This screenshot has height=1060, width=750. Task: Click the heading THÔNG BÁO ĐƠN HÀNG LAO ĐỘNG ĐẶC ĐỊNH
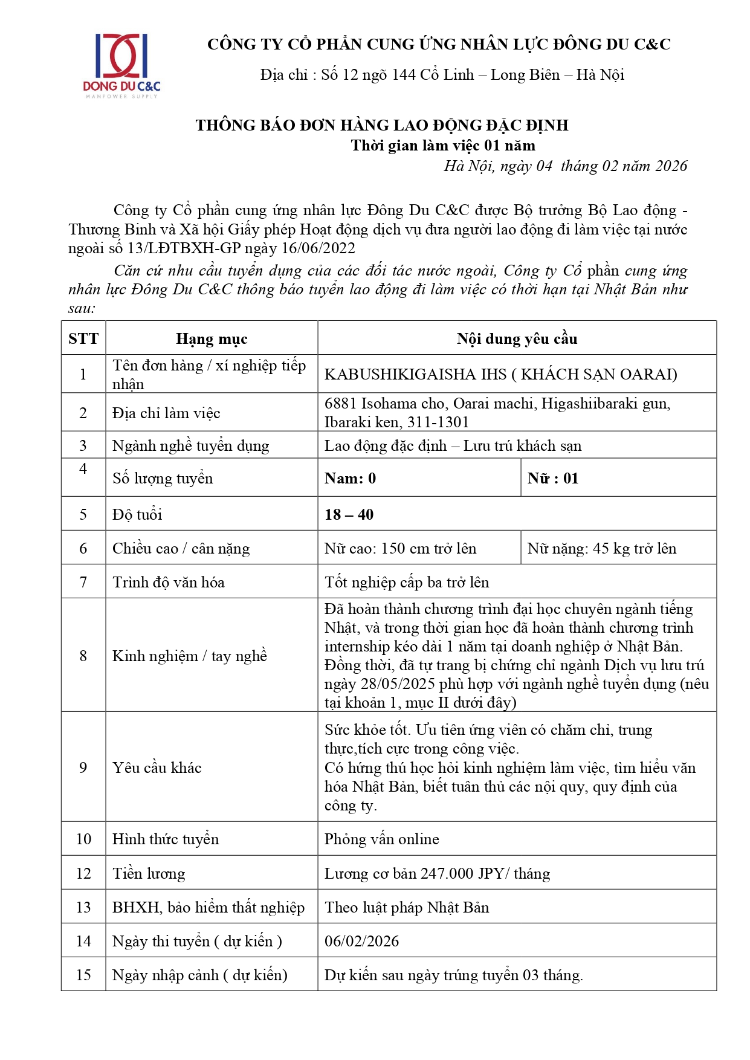(x=381, y=125)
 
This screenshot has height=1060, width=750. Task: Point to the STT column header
(x=83, y=338)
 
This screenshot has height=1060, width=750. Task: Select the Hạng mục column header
(x=212, y=339)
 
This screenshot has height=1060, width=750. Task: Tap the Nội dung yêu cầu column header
(x=517, y=339)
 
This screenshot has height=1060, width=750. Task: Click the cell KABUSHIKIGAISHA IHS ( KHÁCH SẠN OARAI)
(x=500, y=374)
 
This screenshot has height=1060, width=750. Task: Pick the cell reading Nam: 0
(x=350, y=479)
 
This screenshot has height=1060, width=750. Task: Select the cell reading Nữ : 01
(x=553, y=479)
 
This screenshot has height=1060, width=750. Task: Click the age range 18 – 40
(x=349, y=515)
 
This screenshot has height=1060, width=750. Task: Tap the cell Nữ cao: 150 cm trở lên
(x=400, y=549)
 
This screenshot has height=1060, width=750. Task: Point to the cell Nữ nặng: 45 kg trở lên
(x=601, y=549)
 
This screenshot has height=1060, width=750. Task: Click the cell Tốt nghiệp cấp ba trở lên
(x=407, y=583)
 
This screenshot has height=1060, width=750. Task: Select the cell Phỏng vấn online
(x=381, y=839)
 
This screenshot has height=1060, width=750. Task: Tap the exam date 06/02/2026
(x=361, y=942)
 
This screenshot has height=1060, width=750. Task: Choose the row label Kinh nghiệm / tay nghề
(x=189, y=656)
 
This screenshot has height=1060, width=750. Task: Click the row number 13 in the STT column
(x=83, y=908)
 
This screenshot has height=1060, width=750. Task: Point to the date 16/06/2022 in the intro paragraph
(x=318, y=248)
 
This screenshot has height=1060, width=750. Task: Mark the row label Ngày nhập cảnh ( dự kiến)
(x=199, y=975)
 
